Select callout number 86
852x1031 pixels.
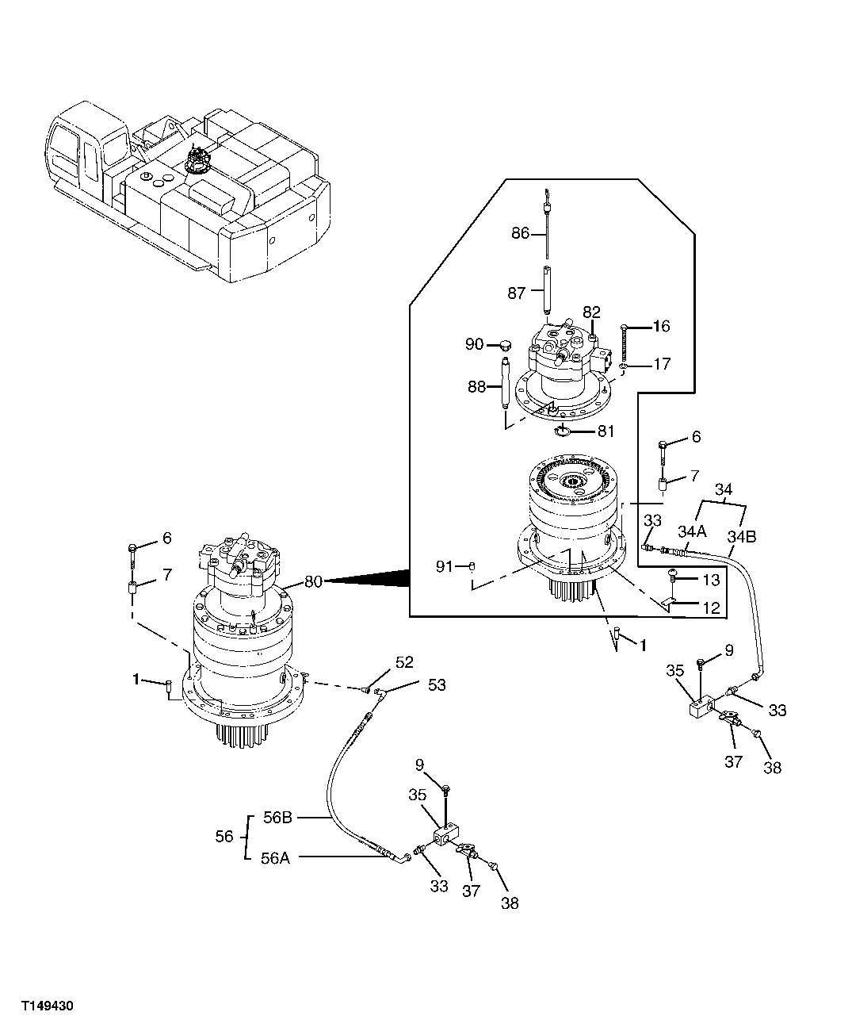pos(520,233)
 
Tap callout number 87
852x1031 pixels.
pos(516,293)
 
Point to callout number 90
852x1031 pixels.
pos(474,345)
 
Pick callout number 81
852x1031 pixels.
pos(606,432)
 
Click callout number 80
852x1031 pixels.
pos(313,581)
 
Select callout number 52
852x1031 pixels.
pos(404,662)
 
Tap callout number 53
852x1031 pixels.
pos(437,684)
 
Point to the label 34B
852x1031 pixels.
pos(742,537)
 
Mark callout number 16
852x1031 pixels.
pos(661,326)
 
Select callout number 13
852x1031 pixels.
pos(710,579)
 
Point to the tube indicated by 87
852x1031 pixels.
pos(547,292)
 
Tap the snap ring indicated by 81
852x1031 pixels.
pos(564,430)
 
